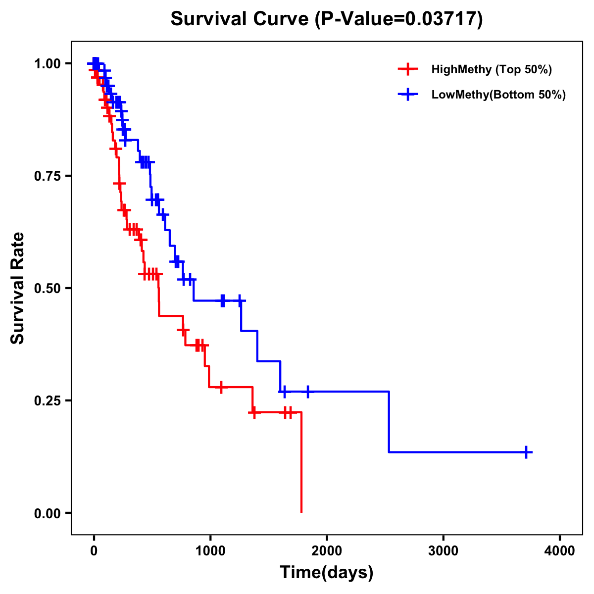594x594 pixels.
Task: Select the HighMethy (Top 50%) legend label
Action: click(491, 69)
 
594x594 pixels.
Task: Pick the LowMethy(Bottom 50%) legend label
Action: click(498, 95)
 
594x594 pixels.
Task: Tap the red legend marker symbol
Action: click(407, 69)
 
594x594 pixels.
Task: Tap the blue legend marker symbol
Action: click(407, 95)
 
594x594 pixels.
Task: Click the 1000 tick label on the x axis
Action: click(210, 551)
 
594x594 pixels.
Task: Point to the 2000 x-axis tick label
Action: click(327, 551)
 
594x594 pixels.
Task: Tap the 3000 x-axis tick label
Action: click(444, 551)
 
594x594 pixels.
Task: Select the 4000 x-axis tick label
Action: click(560, 551)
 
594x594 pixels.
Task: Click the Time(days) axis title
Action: click(327, 573)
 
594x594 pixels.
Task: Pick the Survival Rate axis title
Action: click(18, 288)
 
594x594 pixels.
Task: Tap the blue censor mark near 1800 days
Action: click(307, 392)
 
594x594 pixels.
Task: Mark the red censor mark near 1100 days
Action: click(221, 387)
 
